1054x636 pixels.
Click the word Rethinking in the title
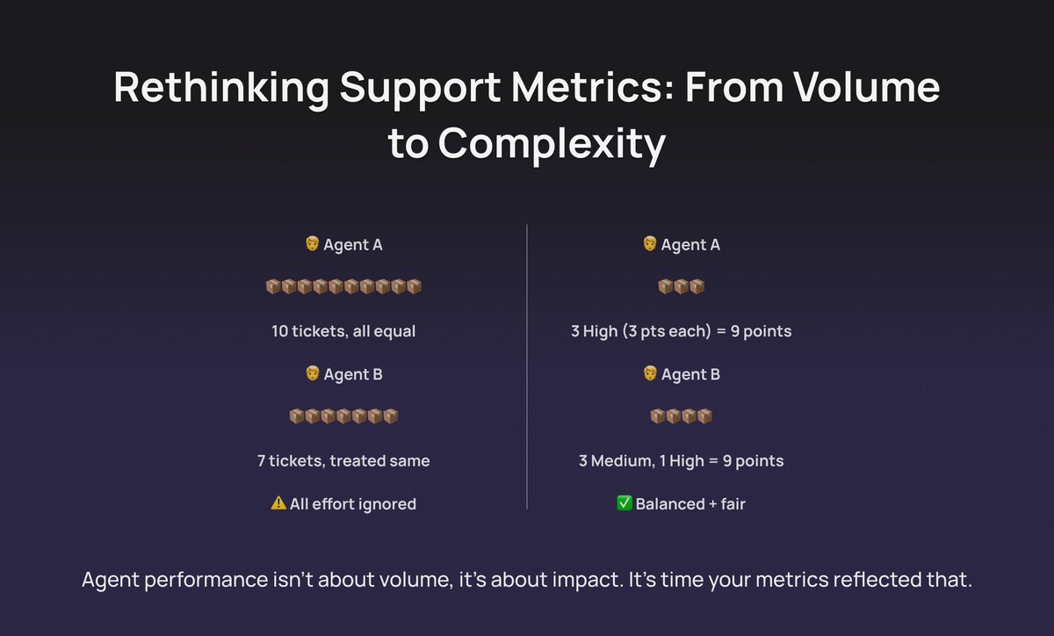(x=220, y=89)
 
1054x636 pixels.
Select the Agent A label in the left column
(x=352, y=245)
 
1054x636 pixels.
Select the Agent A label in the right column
(x=690, y=245)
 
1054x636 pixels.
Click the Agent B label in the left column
(x=352, y=374)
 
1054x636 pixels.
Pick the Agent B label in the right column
(x=690, y=374)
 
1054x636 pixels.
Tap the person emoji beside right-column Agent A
(x=650, y=244)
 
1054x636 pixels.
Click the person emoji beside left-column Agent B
(x=312, y=374)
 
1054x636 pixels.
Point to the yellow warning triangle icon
(x=278, y=503)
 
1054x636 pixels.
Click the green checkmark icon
(x=624, y=504)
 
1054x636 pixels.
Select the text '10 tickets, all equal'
(x=343, y=331)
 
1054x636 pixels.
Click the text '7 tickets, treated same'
(x=343, y=460)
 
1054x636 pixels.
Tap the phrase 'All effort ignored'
(x=353, y=504)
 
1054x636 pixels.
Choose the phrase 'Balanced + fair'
(x=690, y=504)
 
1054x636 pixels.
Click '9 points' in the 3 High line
(x=755, y=331)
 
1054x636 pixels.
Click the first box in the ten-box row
(x=273, y=287)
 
